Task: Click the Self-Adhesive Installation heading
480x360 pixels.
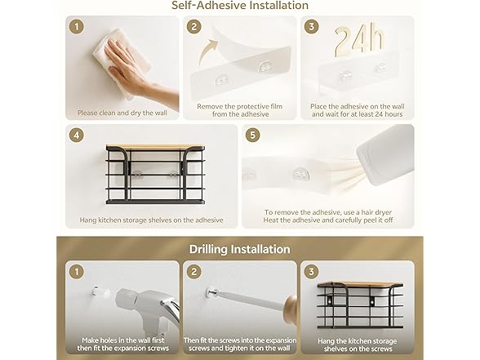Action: pyautogui.click(x=240, y=5)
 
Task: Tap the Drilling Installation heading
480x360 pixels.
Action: pyautogui.click(x=240, y=249)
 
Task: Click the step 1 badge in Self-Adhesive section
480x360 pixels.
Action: pyautogui.click(x=77, y=27)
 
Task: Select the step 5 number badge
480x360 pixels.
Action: pyautogui.click(x=252, y=135)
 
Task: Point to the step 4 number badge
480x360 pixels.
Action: pyautogui.click(x=77, y=135)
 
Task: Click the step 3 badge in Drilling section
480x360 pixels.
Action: pyautogui.click(x=311, y=272)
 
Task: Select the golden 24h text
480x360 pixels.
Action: pyautogui.click(x=359, y=41)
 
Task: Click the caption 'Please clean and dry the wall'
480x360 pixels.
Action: pyautogui.click(x=122, y=113)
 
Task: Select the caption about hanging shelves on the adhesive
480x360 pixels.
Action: pyautogui.click(x=151, y=220)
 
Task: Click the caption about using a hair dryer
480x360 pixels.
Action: pyautogui.click(x=328, y=216)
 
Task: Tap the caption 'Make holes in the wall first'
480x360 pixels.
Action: pyautogui.click(x=123, y=340)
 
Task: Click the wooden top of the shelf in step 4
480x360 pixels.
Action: pyautogui.click(x=155, y=148)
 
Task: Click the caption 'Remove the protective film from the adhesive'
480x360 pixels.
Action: pyautogui.click(x=240, y=110)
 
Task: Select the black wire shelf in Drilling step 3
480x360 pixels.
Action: pyautogui.click(x=360, y=305)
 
